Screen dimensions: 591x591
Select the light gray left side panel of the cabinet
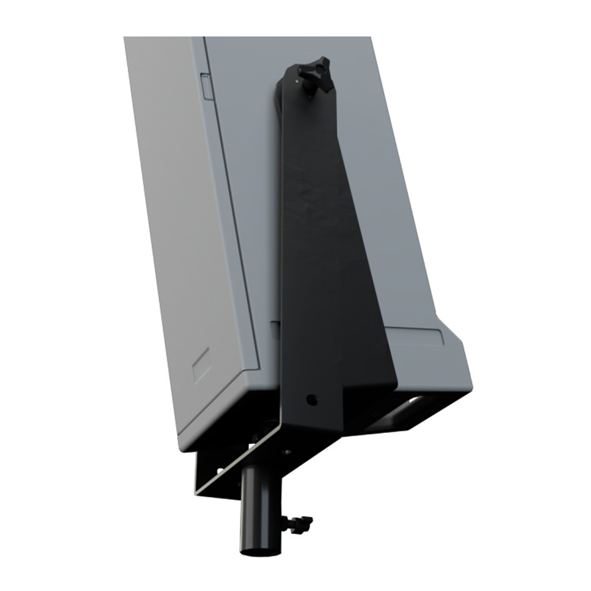[187, 222]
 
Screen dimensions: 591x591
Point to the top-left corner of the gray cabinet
[124, 37]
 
